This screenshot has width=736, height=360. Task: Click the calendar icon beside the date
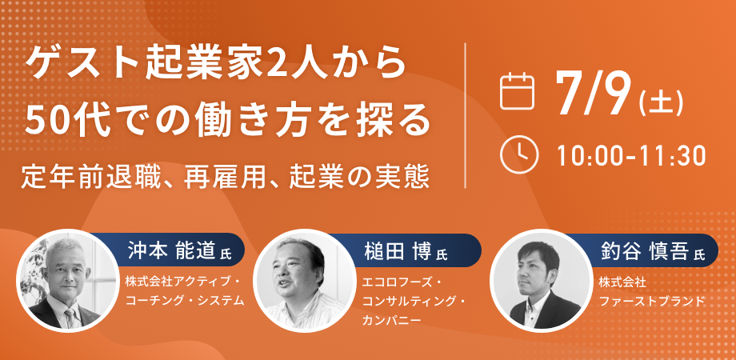point(518,91)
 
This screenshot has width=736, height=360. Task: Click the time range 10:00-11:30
point(632,156)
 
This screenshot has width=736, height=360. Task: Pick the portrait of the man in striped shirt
point(304,280)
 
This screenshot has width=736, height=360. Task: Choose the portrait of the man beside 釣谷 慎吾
point(541,280)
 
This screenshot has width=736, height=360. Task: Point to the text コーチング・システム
point(185,301)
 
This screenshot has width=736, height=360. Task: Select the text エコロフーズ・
point(400,283)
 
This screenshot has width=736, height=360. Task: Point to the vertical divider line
point(465,115)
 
